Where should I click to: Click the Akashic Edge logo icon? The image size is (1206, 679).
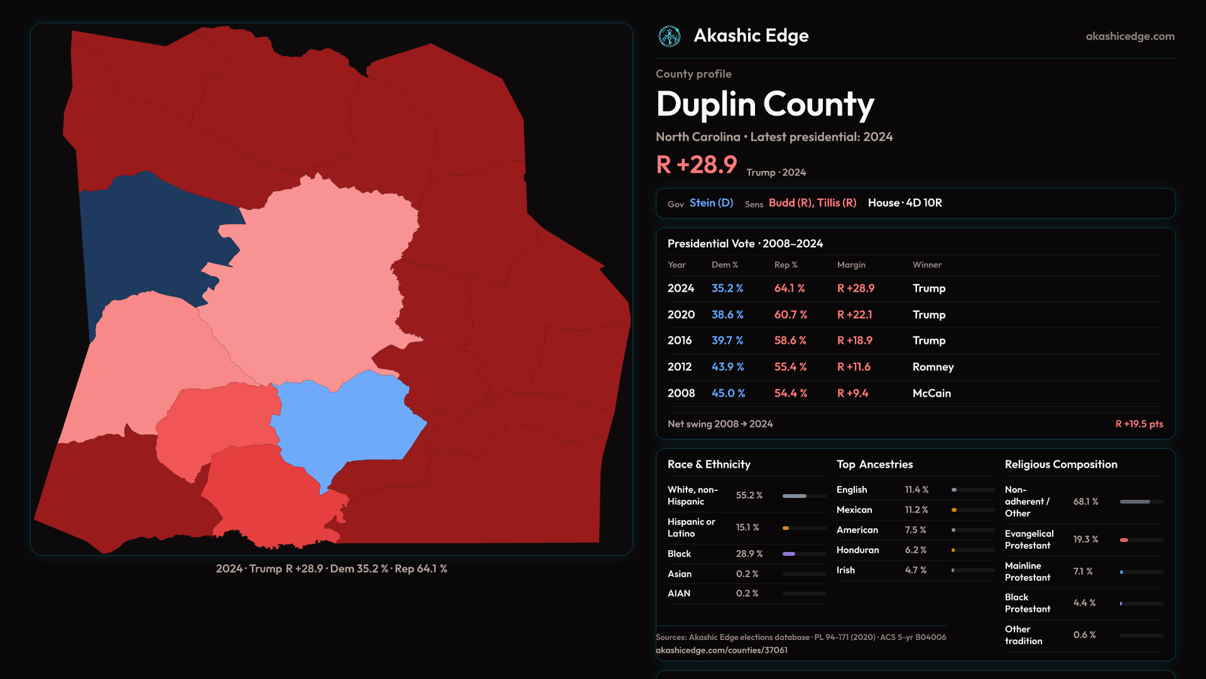point(670,36)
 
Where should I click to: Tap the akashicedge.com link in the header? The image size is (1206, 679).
point(1130,36)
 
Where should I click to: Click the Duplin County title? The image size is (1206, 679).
point(765,104)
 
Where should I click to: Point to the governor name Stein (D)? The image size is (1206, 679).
point(711,203)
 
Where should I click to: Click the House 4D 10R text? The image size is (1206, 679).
point(905,203)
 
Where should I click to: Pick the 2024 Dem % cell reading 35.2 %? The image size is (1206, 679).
point(727,289)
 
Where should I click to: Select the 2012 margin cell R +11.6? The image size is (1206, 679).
point(854,367)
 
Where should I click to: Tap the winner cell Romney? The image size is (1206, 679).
point(933,367)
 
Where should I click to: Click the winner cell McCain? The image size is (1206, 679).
point(932,394)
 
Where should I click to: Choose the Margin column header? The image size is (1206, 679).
point(851,265)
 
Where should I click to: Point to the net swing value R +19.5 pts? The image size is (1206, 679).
point(1139,424)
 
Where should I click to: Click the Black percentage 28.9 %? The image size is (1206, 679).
point(749,554)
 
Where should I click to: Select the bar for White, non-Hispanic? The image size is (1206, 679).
point(804,496)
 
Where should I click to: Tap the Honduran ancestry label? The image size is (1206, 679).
point(857,550)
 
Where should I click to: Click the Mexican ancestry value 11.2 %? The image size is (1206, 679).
point(916,510)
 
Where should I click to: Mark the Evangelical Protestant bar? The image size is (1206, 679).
point(1141,540)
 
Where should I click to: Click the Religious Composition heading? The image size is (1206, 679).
point(1061,465)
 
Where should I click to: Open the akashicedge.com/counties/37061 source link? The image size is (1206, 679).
point(721,651)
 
